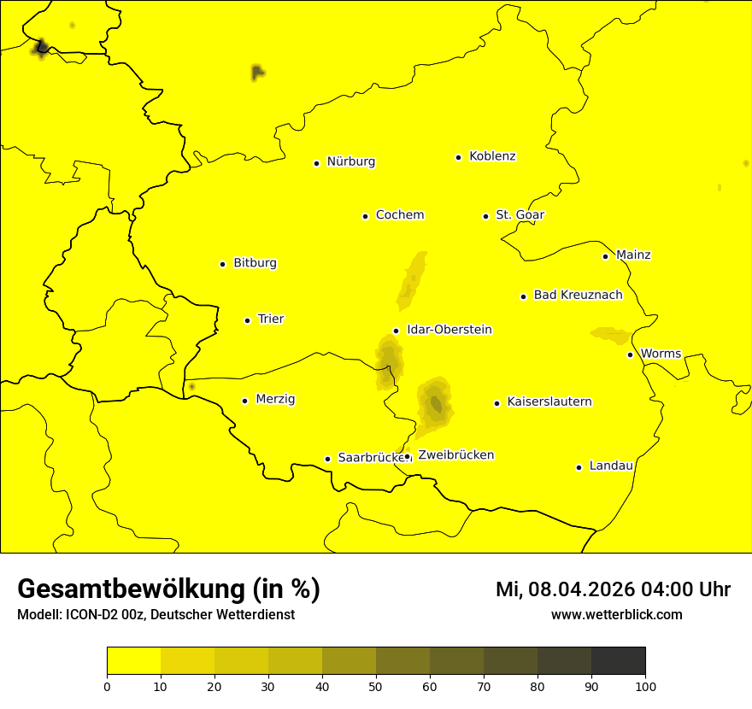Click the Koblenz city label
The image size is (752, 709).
point(492,156)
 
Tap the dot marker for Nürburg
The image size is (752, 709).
point(316,163)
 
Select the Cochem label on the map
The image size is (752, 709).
point(399,215)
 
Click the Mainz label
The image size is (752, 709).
point(633,255)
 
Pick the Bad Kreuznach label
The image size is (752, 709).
point(578,296)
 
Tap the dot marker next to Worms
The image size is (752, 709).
point(630,354)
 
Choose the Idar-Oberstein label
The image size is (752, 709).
point(449,330)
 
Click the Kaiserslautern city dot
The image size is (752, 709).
point(496,403)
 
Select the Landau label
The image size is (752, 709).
point(611,466)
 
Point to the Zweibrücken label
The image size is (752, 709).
point(455,455)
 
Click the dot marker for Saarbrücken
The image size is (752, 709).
point(327,459)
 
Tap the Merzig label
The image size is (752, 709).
point(275,400)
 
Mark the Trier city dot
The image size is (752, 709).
point(247,320)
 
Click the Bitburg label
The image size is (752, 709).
point(255,263)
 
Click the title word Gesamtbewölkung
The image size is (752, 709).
point(132,589)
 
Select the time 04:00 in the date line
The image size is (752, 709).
point(657,589)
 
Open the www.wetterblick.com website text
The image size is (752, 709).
point(616,615)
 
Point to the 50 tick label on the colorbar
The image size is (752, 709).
point(376,686)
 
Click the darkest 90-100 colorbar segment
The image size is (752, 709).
point(618,660)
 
